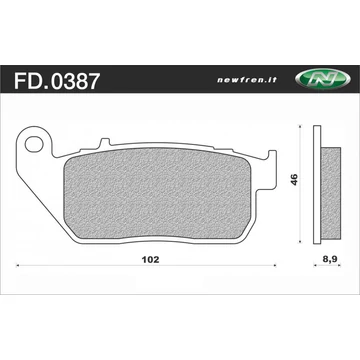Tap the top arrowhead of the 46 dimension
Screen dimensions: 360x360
tap(304, 132)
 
